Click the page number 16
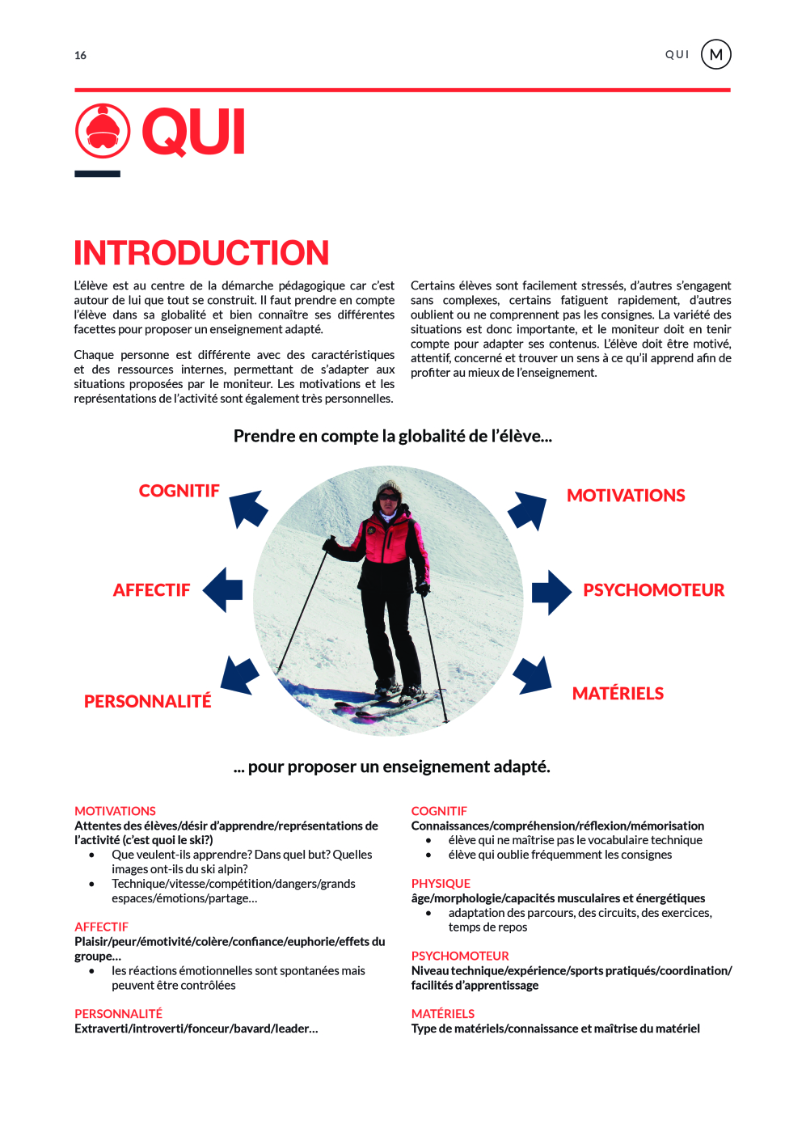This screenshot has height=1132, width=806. pos(80,56)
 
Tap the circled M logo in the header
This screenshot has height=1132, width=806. pos(715,55)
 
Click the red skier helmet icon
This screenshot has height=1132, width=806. pos(103,131)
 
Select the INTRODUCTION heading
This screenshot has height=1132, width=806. pos(201,253)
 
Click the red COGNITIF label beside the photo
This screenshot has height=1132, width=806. pos(179,491)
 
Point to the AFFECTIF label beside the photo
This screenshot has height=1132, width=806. pos(151,590)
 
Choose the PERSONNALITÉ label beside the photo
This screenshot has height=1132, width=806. pos(147,701)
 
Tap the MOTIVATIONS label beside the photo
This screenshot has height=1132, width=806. pos(626,496)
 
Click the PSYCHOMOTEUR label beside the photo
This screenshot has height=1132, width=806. pos(653,590)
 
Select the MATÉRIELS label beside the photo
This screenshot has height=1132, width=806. pos(618,694)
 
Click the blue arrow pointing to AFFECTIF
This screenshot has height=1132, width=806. pos(223,589)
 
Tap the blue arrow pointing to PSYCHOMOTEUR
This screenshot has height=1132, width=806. pos(551,592)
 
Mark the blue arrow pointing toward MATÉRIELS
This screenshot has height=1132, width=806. pos(533,674)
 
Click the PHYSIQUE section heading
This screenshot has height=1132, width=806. pos(441,884)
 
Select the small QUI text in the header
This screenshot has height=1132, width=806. pos(677,55)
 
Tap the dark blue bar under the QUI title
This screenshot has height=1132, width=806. pos(97,174)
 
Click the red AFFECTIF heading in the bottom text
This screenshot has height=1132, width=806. pos(101,927)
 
